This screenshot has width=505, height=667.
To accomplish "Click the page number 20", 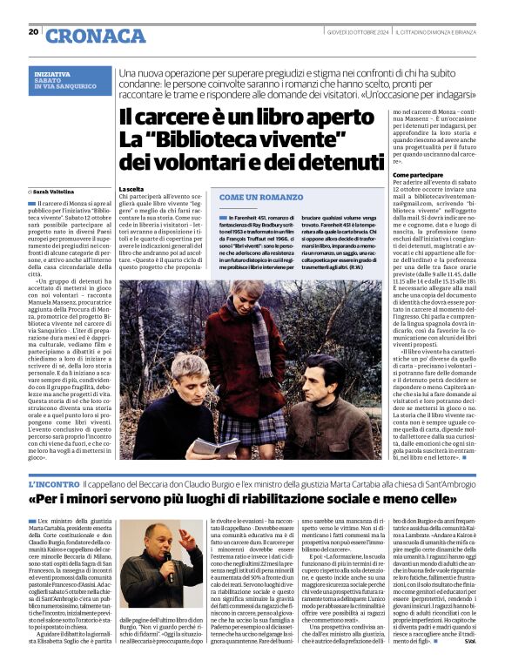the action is pos(34,32).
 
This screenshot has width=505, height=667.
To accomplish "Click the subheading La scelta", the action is pos(131,189).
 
